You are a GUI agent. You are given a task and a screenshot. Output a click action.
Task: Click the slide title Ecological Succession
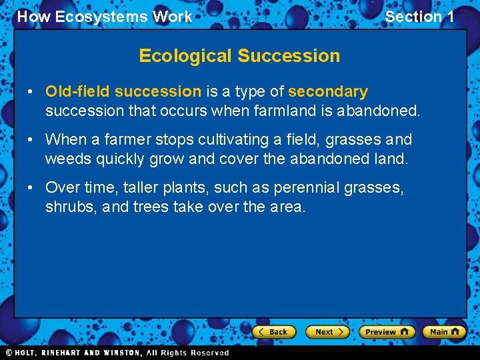tap(239, 56)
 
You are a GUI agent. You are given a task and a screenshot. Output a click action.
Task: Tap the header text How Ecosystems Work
tap(104, 17)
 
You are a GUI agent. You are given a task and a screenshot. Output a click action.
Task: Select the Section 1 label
tap(419, 17)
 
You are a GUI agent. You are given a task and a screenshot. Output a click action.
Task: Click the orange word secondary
tap(328, 91)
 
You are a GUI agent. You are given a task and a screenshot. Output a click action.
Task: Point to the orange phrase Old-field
tap(78, 91)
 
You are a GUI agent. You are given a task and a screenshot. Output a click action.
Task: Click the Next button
tap(327, 331)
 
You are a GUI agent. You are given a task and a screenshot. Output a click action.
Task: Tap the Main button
tap(445, 331)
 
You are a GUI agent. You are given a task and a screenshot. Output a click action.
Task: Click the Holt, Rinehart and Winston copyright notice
tap(117, 353)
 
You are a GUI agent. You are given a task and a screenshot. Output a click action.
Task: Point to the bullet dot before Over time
tap(32, 188)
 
